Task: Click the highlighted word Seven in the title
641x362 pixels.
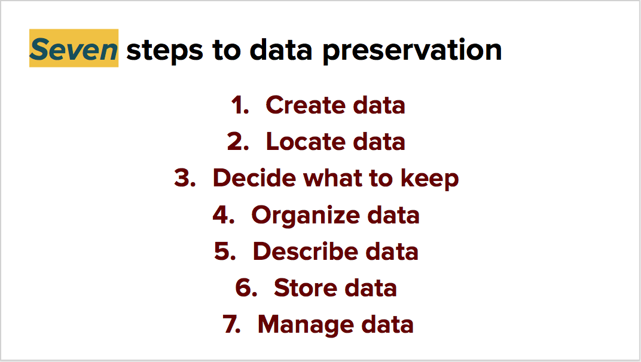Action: click(x=74, y=50)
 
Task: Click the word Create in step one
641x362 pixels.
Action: click(x=306, y=105)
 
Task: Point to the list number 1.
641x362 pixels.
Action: click(x=239, y=105)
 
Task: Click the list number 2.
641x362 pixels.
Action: click(x=237, y=142)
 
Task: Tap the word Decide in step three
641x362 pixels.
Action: click(x=254, y=178)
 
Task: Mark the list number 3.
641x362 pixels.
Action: click(x=184, y=178)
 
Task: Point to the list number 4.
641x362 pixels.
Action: click(x=222, y=214)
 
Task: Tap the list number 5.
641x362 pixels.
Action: click(x=224, y=251)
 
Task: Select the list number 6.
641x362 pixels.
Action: click(x=245, y=287)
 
